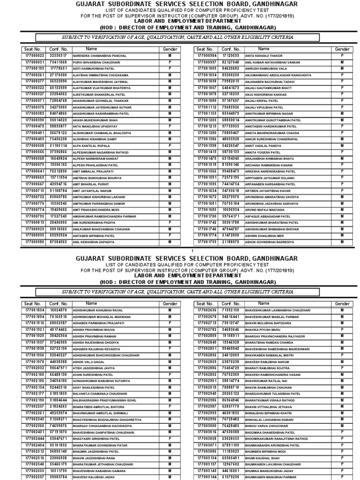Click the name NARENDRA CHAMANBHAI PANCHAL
[100, 55]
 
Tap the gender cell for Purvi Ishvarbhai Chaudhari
[170, 62]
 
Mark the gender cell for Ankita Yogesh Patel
[342, 152]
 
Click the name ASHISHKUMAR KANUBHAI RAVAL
[98, 310]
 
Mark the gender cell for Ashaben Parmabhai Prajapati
[170, 323]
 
